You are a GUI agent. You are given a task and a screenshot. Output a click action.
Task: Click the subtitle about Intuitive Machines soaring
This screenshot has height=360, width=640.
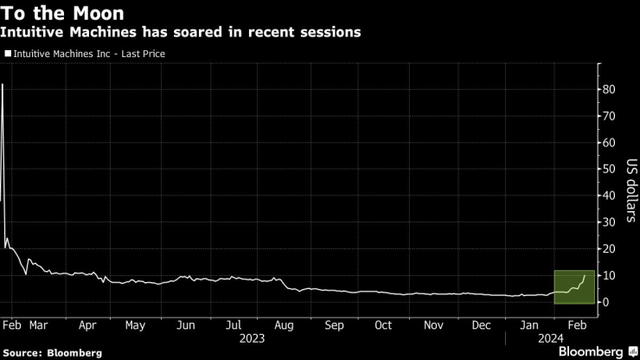(182, 32)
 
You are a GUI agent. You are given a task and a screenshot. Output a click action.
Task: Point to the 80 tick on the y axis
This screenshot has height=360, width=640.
(609, 89)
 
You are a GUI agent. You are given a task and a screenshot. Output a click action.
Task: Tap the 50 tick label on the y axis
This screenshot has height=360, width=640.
(609, 169)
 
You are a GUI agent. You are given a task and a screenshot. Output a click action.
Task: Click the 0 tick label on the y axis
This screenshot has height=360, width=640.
(606, 302)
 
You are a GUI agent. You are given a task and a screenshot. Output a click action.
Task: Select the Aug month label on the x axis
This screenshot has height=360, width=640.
(284, 325)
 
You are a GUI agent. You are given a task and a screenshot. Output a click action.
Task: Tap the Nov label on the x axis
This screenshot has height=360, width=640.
(432, 325)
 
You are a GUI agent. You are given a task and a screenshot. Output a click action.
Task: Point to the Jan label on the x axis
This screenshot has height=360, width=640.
(529, 325)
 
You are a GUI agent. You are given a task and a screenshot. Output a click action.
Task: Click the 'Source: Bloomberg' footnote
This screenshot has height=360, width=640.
(52, 353)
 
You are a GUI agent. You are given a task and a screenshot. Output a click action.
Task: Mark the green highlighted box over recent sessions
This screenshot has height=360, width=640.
(573, 287)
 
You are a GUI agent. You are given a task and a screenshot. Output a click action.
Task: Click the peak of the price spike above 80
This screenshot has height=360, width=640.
(3, 84)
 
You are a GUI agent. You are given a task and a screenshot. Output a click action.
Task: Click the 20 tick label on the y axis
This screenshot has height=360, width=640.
(609, 248)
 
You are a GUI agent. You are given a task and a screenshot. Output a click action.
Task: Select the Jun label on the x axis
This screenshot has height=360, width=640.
(185, 325)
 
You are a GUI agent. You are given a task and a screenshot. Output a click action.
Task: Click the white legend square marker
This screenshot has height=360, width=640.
(8, 54)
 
